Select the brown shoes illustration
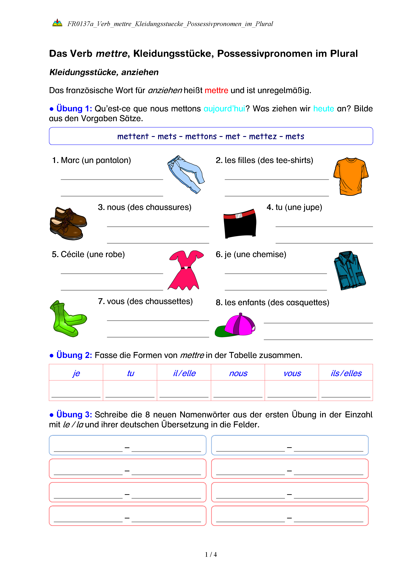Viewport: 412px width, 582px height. pyautogui.click(x=68, y=223)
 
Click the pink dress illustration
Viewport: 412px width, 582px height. pyautogui.click(x=186, y=270)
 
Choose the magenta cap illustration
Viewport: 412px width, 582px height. pyautogui.click(x=235, y=325)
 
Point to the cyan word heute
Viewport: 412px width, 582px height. pyautogui.click(x=323, y=109)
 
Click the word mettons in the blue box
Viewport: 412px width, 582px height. pyautogui.click(x=201, y=136)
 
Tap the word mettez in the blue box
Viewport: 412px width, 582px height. pyautogui.click(x=263, y=136)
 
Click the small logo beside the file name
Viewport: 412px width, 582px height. pyautogui.click(x=57, y=23)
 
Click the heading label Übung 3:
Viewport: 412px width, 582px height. pyautogui.click(x=74, y=415)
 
